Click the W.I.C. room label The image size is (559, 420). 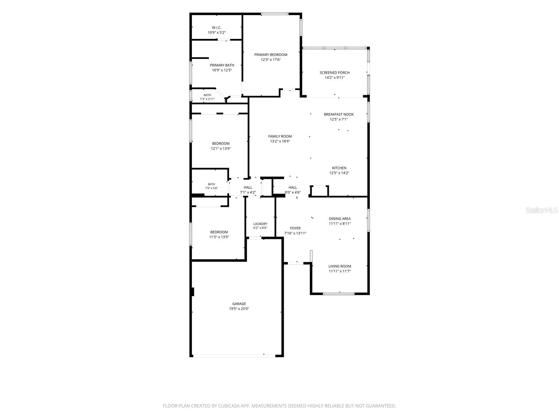click(x=217, y=28)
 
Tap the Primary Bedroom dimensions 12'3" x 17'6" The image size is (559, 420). click(x=270, y=59)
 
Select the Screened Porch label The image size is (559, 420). click(x=334, y=73)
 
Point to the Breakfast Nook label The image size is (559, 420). click(x=339, y=114)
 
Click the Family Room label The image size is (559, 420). click(x=279, y=136)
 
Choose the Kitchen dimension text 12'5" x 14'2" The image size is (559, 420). click(x=339, y=173)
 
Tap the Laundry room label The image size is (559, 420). click(x=260, y=224)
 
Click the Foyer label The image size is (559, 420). click(x=295, y=228)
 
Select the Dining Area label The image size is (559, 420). click(x=340, y=218)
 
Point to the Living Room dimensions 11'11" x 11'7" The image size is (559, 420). click(x=340, y=271)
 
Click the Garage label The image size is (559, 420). click(x=239, y=304)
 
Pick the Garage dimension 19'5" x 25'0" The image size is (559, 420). click(x=239, y=309)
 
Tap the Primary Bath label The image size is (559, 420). click(x=222, y=65)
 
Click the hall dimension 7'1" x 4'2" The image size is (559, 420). click(x=248, y=192)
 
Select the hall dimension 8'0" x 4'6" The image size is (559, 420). click(x=292, y=192)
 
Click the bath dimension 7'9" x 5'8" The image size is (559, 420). click(x=211, y=188)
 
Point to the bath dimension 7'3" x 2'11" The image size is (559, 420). click(x=207, y=99)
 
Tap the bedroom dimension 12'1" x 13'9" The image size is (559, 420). click(x=220, y=148)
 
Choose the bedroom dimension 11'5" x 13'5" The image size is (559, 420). click(x=219, y=237)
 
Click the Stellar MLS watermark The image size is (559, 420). click(x=542, y=210)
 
